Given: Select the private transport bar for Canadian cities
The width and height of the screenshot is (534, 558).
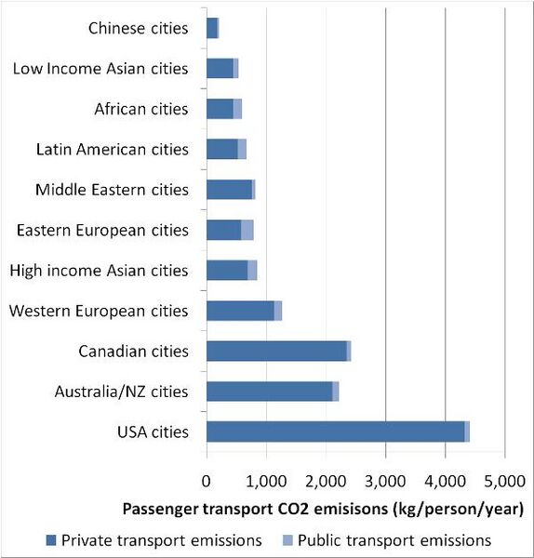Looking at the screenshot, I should pyautogui.click(x=276, y=351).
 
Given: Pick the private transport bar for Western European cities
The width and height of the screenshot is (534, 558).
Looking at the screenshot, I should pyautogui.click(x=240, y=311).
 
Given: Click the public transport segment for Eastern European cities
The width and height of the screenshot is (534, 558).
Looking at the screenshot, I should pyautogui.click(x=247, y=230).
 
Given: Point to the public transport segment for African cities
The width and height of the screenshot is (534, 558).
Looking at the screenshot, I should pyautogui.click(x=237, y=109).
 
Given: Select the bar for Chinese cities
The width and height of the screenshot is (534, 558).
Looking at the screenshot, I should pyautogui.click(x=211, y=28).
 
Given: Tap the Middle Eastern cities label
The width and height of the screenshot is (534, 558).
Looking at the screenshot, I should pyautogui.click(x=112, y=190).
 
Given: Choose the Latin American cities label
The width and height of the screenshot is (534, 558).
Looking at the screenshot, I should pyautogui.click(x=112, y=149).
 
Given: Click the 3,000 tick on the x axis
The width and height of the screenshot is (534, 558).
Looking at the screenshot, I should pyautogui.click(x=385, y=482).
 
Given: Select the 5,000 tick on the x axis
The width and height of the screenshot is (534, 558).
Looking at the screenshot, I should pyautogui.click(x=504, y=482).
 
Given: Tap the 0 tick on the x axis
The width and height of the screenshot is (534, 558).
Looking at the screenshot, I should pyautogui.click(x=207, y=482).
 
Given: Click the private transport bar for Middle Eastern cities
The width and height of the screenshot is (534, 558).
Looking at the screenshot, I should pyautogui.click(x=229, y=190).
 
